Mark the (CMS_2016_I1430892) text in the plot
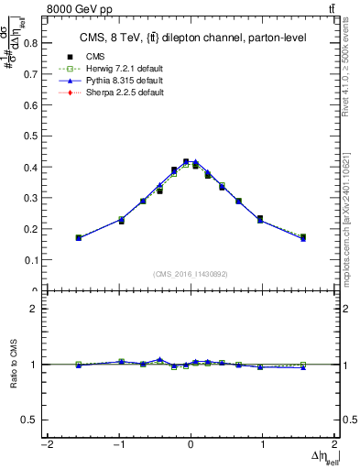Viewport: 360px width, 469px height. point(191,274)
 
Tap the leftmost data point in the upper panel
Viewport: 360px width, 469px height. point(79,237)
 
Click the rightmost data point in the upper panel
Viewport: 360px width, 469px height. point(303,237)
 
